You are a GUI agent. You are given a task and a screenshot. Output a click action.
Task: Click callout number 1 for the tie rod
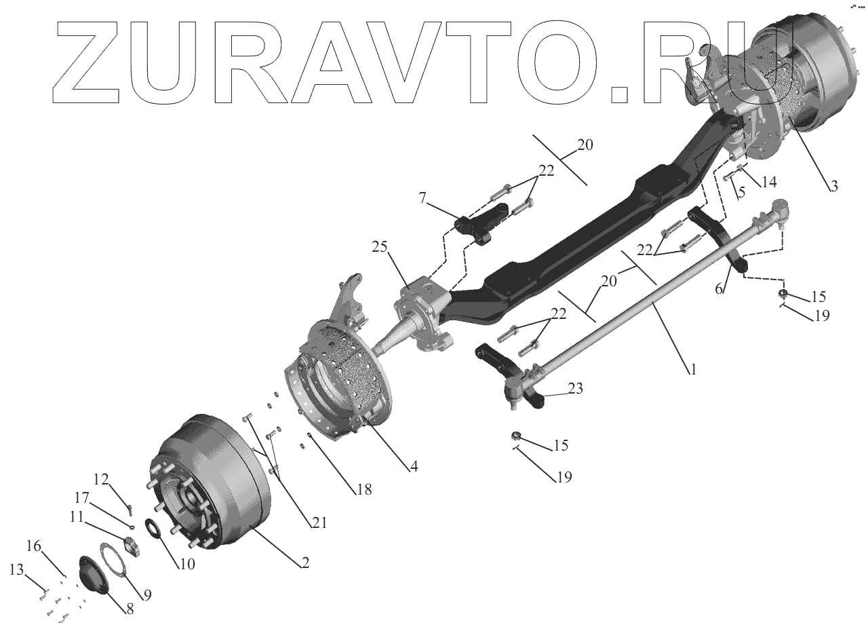coord(693,370)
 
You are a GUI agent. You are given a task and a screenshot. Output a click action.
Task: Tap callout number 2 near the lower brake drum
coord(305,562)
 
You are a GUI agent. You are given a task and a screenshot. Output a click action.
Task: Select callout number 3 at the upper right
coord(833,185)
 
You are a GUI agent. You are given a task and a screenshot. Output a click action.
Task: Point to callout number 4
coord(413,466)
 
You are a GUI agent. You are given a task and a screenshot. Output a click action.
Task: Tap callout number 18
coord(364,489)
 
